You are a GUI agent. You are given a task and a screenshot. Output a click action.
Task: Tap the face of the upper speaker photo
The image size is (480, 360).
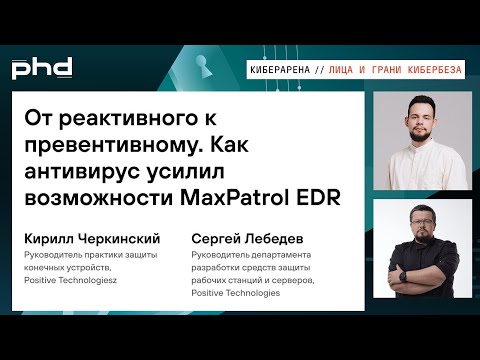[422, 125]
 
